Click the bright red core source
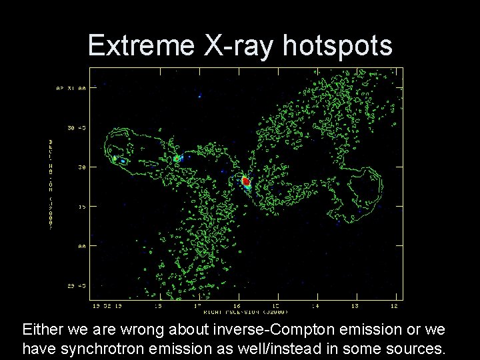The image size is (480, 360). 246,181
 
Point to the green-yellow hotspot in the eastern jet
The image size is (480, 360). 178,159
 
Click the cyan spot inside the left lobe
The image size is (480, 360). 122,160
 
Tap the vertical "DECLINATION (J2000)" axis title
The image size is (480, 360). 52,184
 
